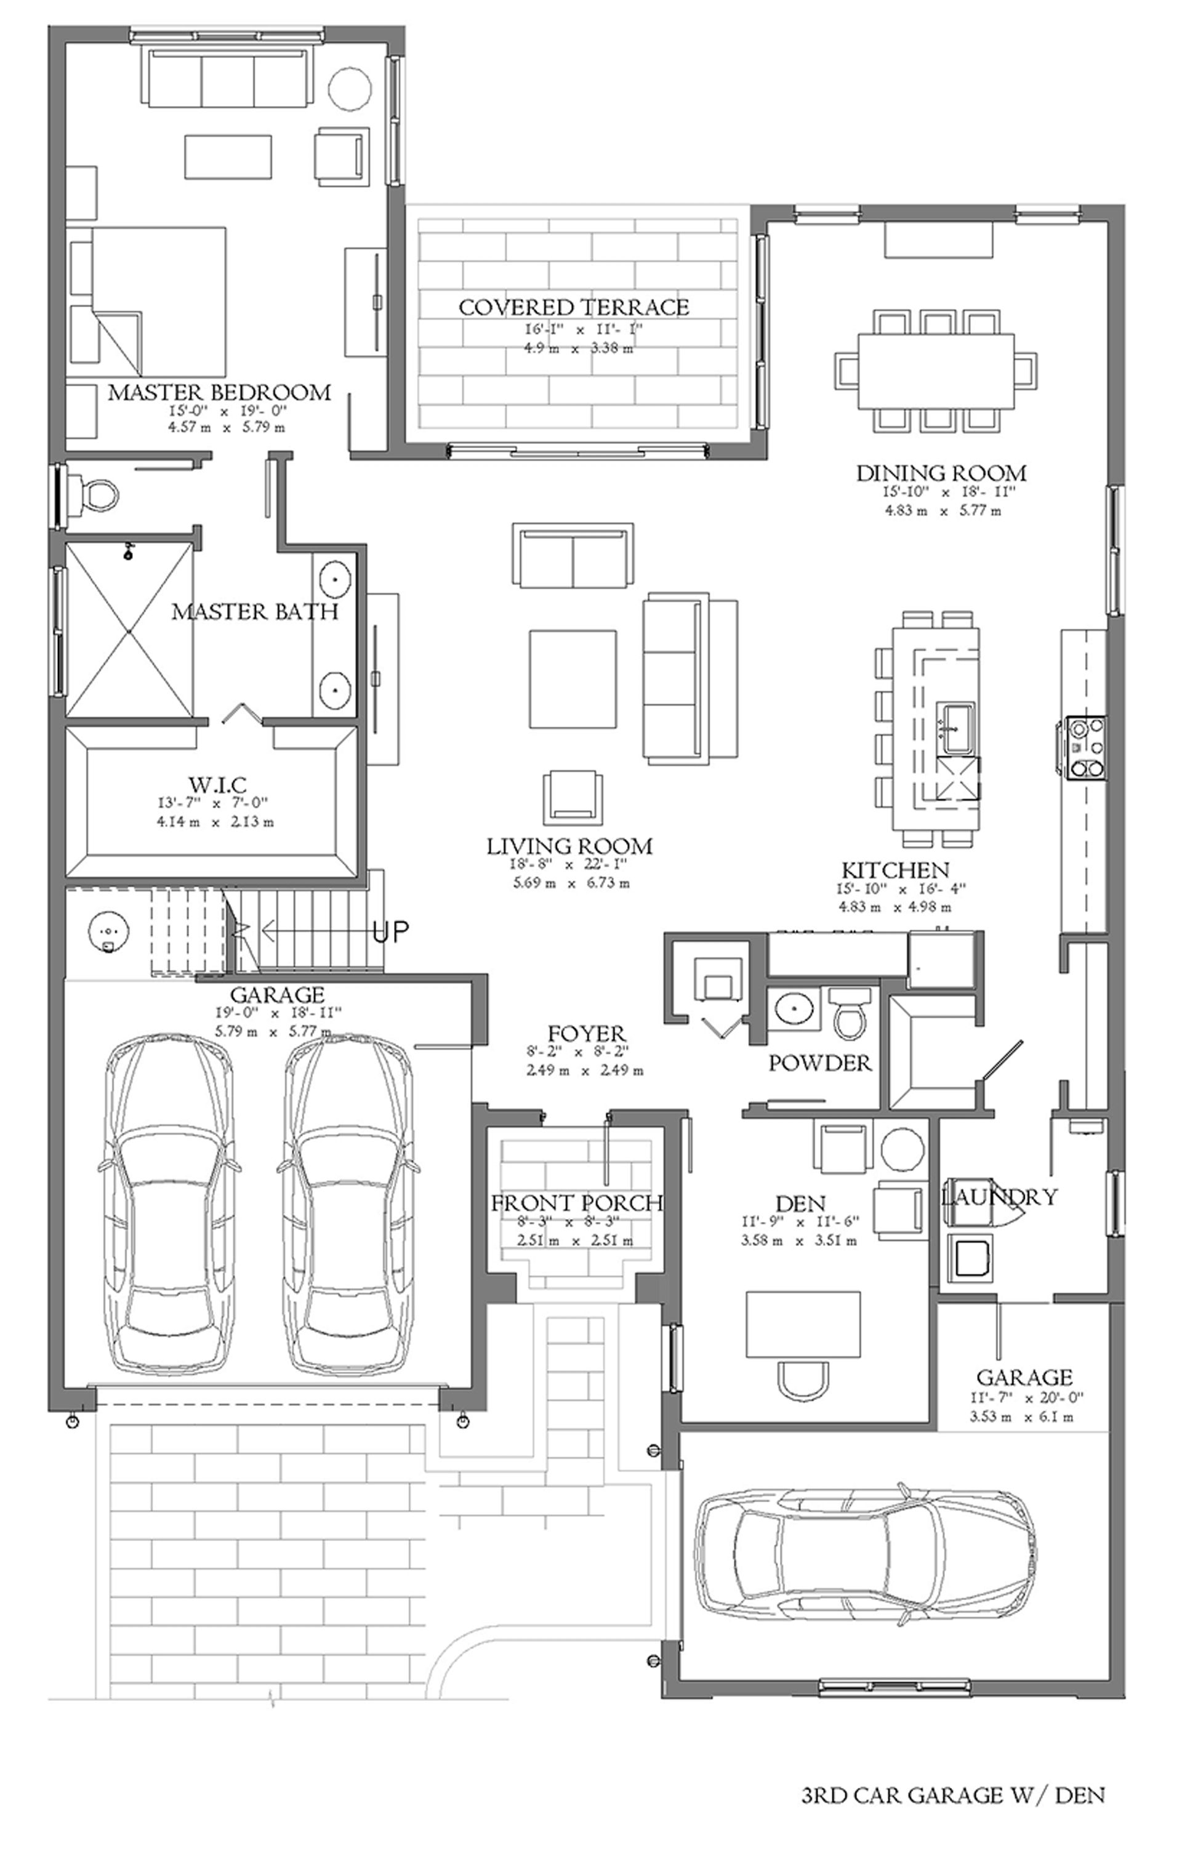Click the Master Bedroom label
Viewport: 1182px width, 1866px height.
219,392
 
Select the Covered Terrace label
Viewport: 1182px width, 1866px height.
574,307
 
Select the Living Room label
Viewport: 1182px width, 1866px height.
569,847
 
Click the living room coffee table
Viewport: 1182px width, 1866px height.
574,679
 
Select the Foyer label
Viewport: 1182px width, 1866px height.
587,1033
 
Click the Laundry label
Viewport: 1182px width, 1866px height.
999,1196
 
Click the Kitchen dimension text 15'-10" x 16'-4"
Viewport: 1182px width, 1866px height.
901,889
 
